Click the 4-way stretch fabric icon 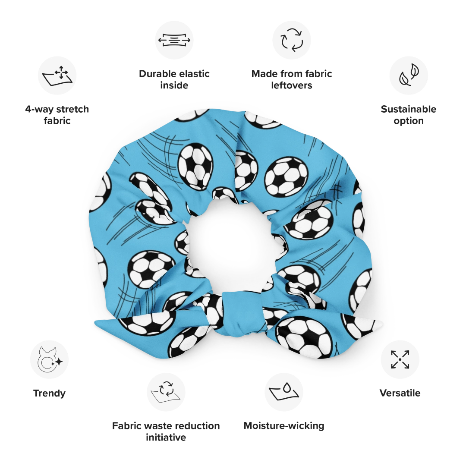57,76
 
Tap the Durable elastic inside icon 174,40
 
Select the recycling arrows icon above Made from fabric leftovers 292,40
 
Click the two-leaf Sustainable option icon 409,75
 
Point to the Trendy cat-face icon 50,359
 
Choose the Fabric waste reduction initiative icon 166,392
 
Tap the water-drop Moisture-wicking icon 284,392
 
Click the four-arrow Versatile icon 400,359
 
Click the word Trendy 49,393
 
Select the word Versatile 400,393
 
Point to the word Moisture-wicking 284,425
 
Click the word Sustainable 409,109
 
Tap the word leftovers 292,85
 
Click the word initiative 166,437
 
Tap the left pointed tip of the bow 95,323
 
